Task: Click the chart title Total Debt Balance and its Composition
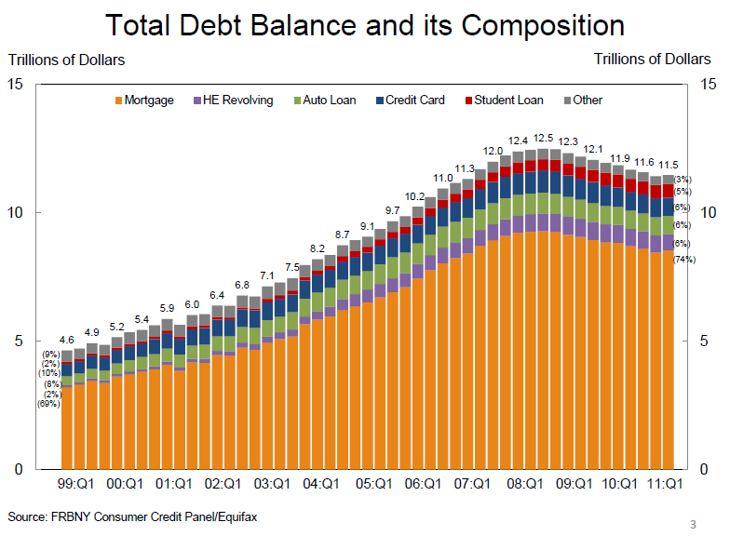click(x=364, y=24)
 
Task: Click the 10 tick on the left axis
click(x=15, y=213)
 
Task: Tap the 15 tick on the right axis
click(x=708, y=85)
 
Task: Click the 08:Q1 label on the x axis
click(x=526, y=484)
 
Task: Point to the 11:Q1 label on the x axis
click(x=665, y=484)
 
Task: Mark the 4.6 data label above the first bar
click(x=67, y=341)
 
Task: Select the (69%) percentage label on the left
click(x=47, y=403)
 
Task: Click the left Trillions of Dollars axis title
click(x=66, y=60)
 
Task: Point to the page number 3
click(x=693, y=522)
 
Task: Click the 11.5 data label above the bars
click(x=668, y=165)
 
